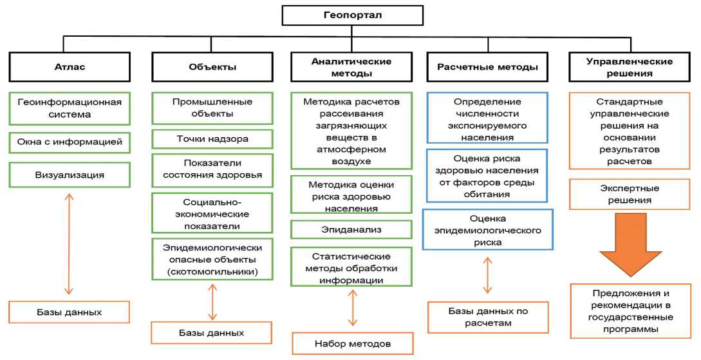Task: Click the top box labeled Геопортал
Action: (352, 15)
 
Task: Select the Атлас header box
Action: (70, 66)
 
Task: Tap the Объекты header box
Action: (212, 66)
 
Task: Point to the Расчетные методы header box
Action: (487, 66)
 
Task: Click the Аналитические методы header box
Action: (351, 67)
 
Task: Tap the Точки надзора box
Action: (212, 138)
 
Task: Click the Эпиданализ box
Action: (351, 229)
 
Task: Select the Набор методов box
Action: (352, 343)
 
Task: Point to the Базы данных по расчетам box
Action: (487, 317)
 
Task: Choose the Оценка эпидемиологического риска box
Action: (487, 230)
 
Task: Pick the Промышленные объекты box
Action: (212, 108)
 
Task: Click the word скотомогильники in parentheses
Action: (212, 271)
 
